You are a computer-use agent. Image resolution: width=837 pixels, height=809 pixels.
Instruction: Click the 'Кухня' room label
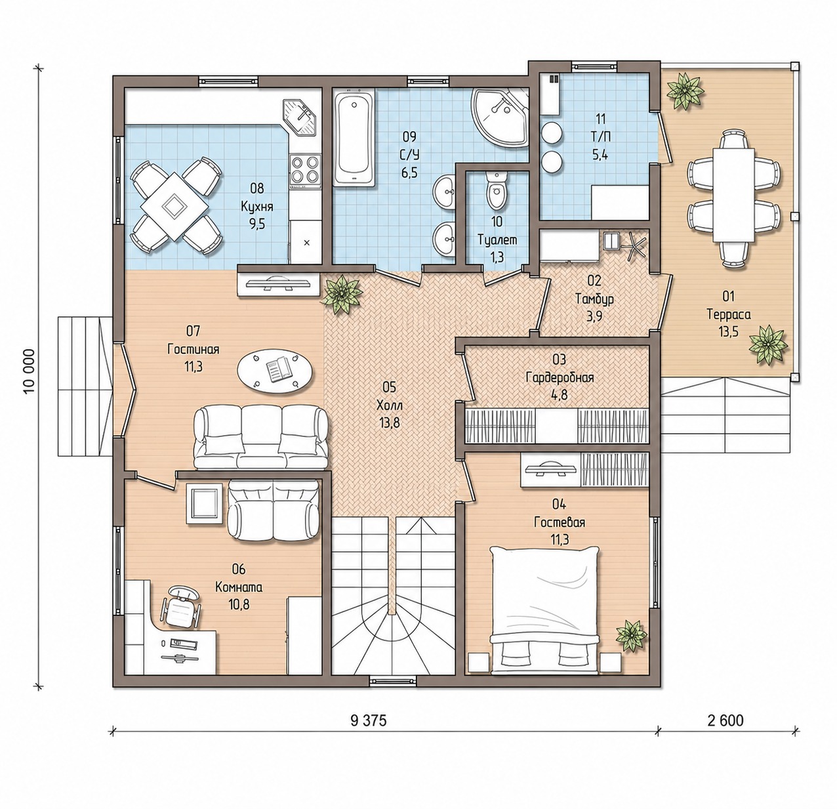click(x=256, y=207)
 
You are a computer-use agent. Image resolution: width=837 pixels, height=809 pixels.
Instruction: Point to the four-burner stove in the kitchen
click(x=306, y=169)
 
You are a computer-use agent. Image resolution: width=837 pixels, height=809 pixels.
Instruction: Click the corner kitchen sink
click(x=300, y=117)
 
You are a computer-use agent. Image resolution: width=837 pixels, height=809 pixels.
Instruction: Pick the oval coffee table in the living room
click(x=276, y=370)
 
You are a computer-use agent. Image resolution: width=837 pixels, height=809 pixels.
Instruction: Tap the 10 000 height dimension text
click(x=30, y=371)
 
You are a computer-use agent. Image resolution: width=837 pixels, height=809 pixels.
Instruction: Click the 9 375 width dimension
click(x=369, y=720)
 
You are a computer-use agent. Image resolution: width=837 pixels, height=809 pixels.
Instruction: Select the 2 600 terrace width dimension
click(x=725, y=720)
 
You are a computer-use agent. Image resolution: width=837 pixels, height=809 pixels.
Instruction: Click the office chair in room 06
click(x=180, y=606)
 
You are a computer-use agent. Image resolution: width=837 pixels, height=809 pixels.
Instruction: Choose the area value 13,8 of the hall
click(x=389, y=423)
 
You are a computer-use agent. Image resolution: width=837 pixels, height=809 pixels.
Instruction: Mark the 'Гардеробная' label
click(x=560, y=378)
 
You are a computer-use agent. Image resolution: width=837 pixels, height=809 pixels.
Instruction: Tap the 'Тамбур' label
click(x=594, y=299)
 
